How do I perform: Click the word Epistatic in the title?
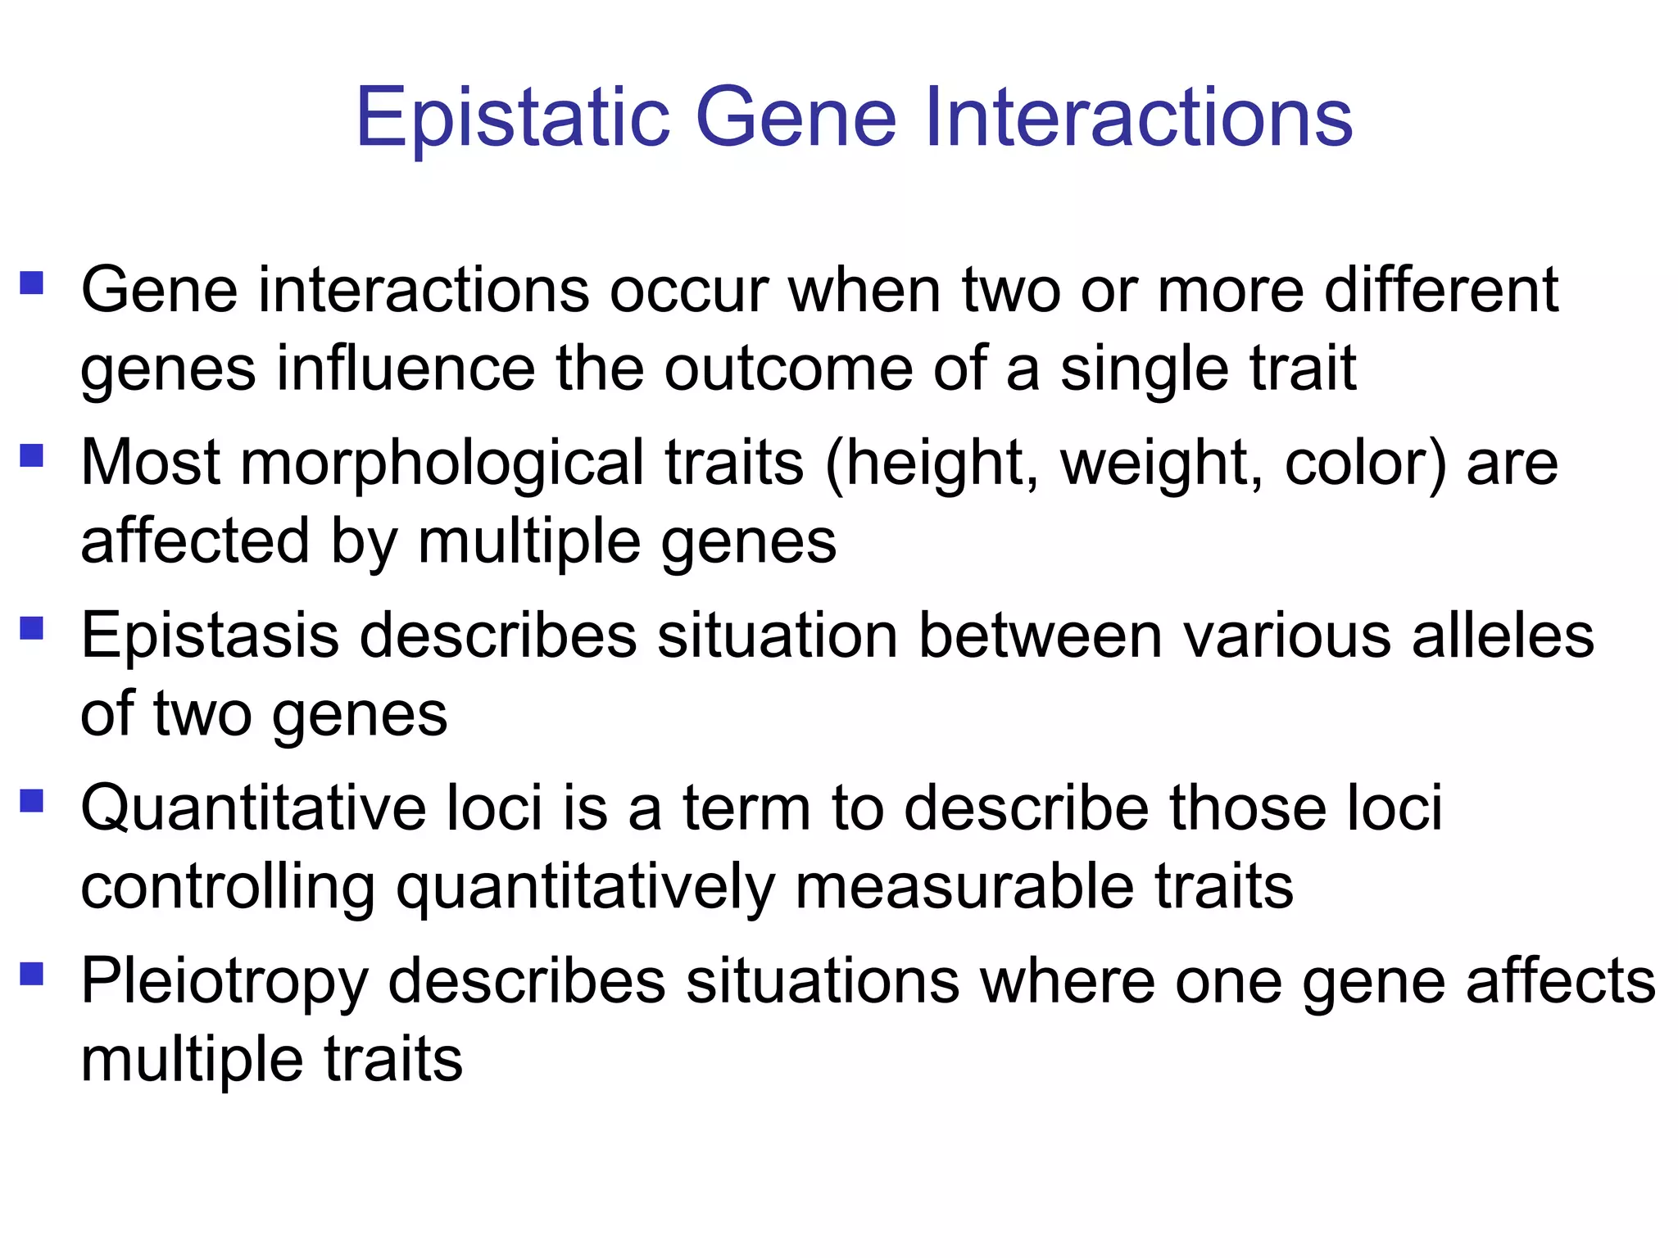pos(513,119)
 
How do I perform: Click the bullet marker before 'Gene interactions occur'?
pos(32,283)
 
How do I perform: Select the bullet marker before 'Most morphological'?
pos(32,455)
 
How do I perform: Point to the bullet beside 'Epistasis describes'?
pos(32,628)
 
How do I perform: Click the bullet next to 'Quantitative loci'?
pos(32,800)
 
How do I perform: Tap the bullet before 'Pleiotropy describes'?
pos(32,974)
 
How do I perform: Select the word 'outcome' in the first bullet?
pos(788,369)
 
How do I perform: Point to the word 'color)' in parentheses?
pos(1365,464)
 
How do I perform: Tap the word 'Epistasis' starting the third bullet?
pos(210,636)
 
